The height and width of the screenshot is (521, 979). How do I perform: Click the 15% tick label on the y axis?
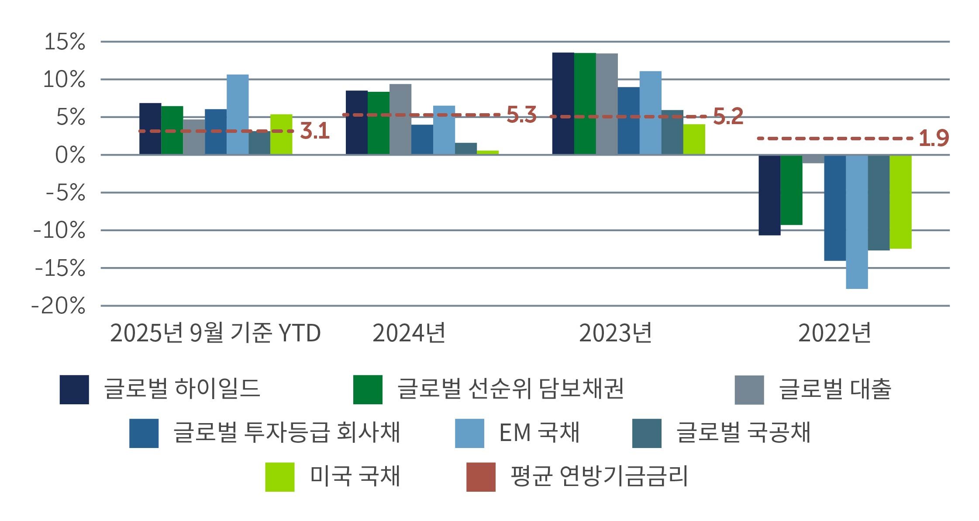[x=65, y=42]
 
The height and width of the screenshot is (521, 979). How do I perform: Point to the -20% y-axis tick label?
[x=59, y=306]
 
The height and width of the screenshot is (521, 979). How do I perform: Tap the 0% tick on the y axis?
[x=70, y=156]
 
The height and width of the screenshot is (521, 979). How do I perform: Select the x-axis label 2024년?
[x=409, y=333]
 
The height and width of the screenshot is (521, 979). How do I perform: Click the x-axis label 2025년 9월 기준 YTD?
[x=215, y=333]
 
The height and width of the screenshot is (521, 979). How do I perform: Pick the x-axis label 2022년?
[x=834, y=333]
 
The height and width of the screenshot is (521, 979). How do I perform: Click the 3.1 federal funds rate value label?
[x=315, y=131]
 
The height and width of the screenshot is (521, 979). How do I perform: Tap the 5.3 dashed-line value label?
[x=521, y=115]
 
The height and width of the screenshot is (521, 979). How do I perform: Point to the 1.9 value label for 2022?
[x=934, y=139]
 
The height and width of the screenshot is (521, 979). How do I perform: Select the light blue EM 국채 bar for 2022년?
[x=857, y=222]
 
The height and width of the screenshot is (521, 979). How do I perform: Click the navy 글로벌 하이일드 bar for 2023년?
[x=563, y=104]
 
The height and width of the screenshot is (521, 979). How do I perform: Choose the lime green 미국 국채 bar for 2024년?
[x=488, y=152]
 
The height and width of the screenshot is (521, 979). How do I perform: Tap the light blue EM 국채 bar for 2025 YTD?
[x=238, y=114]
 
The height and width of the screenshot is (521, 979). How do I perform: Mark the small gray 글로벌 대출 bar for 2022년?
[x=813, y=159]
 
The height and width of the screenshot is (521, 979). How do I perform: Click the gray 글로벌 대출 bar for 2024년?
[x=400, y=119]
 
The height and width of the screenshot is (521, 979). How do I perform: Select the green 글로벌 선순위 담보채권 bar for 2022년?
[x=791, y=190]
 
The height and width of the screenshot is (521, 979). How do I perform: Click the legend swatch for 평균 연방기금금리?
[x=481, y=477]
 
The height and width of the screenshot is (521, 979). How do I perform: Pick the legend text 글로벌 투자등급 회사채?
[x=286, y=433]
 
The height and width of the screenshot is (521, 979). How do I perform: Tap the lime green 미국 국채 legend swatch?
[x=280, y=477]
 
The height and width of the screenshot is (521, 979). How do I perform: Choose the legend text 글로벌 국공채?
[x=743, y=433]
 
